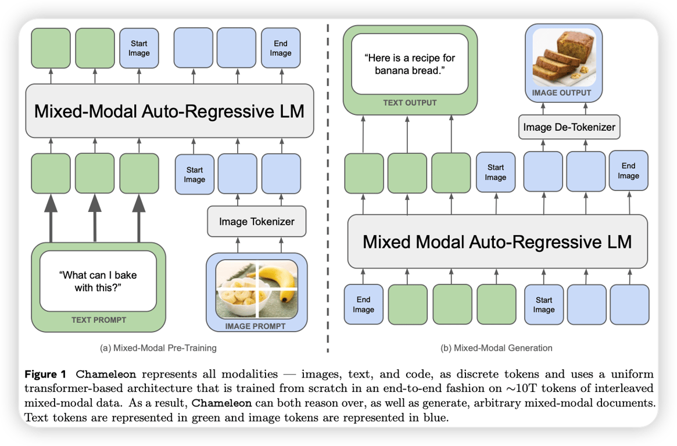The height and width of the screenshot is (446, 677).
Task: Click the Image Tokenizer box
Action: [256, 221]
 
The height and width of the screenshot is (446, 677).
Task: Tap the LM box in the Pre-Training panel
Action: [169, 111]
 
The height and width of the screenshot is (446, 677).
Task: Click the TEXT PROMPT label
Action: [98, 319]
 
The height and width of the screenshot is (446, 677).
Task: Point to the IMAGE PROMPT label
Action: [256, 326]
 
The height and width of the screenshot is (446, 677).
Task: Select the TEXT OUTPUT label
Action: [410, 103]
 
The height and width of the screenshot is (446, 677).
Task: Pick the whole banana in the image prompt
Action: [278, 285]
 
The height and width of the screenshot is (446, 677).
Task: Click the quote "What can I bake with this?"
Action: [98, 281]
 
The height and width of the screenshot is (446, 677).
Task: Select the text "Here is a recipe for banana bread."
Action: [410, 64]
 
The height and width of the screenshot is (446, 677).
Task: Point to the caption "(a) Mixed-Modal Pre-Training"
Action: [158, 348]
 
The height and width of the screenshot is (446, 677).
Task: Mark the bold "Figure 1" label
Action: [44, 373]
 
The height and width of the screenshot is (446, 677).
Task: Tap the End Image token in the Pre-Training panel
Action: [280, 48]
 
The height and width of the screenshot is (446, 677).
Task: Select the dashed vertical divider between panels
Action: [328, 186]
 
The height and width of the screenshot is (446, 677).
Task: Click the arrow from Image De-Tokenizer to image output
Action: [568, 107]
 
